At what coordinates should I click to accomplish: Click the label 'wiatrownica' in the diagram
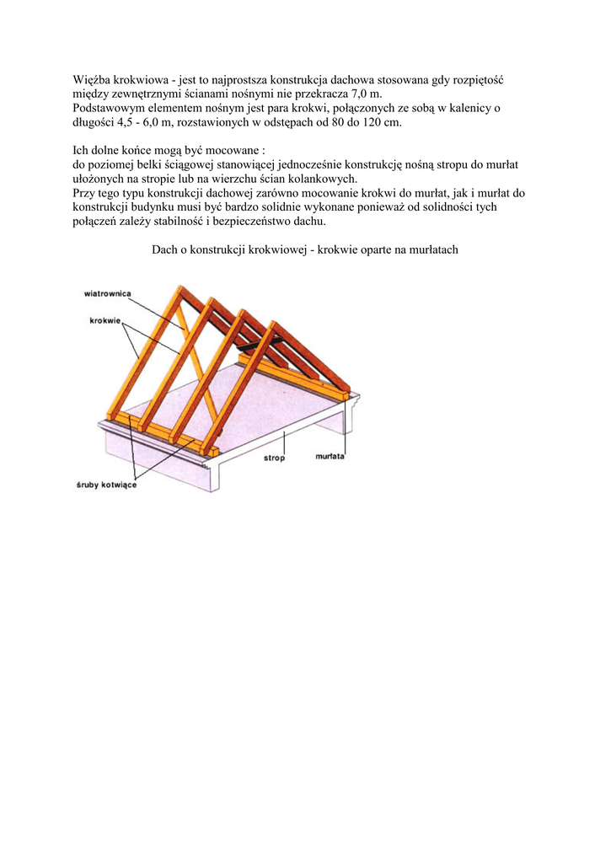107,293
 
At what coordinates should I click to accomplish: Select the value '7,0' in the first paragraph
360,94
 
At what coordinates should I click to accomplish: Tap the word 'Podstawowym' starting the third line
107,109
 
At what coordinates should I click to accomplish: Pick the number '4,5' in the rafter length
126,123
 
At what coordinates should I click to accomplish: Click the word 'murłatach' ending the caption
432,250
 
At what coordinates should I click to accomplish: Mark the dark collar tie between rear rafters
245,346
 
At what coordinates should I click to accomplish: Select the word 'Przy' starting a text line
85,194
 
